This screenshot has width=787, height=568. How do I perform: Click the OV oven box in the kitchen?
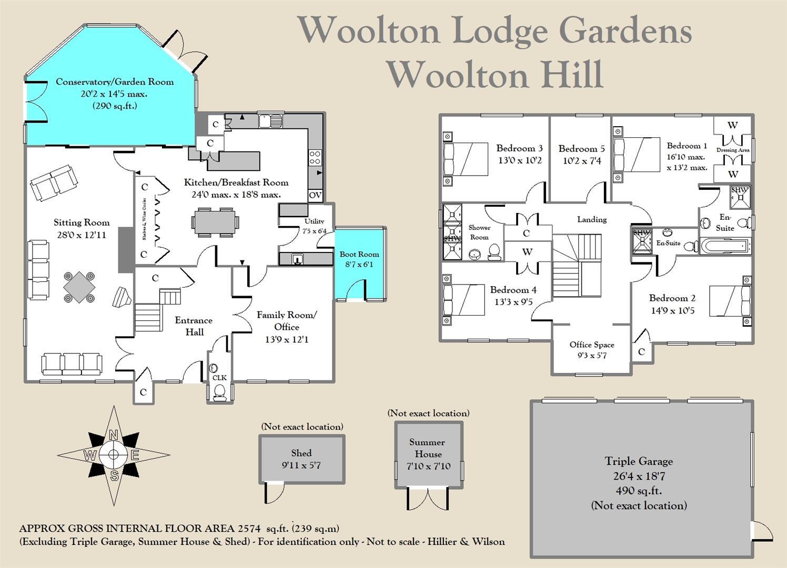pos(315,195)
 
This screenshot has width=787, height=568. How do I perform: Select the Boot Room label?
pos(359,254)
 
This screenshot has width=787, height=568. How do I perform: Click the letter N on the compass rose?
pos(113,435)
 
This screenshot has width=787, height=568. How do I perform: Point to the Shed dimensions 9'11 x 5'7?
pos(301,465)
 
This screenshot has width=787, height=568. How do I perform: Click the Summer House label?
pos(428,448)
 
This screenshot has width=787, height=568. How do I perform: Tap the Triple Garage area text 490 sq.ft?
pos(639,491)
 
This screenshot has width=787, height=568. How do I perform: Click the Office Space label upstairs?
pos(592,344)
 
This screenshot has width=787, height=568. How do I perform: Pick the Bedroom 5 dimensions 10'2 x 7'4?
pos(582,161)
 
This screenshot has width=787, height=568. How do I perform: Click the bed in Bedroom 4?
pos(463,300)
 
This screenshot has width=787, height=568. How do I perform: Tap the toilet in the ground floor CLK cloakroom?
pos(220,391)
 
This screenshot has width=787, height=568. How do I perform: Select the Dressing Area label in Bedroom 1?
pos(733,150)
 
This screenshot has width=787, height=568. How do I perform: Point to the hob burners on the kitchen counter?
pos(315,157)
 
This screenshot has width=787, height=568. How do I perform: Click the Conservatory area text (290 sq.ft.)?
pos(115,106)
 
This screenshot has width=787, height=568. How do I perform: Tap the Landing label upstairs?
pos(592,219)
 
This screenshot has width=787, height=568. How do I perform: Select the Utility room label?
pos(314,221)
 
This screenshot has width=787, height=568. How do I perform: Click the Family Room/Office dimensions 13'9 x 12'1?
pos(287,339)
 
